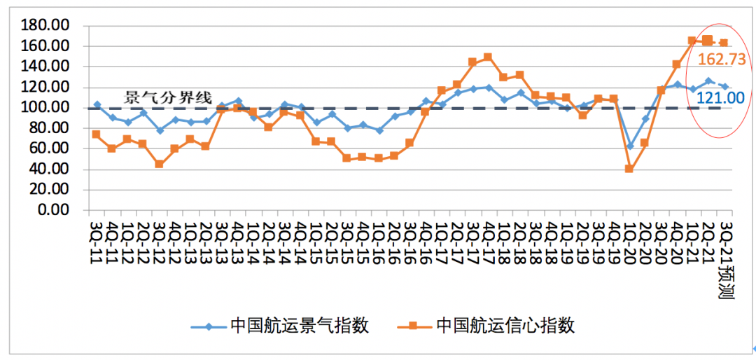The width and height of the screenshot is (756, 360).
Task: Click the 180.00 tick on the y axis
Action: tap(47, 26)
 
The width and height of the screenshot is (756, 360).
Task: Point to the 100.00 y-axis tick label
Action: tap(47, 108)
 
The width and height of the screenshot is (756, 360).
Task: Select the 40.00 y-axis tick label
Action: tap(50, 169)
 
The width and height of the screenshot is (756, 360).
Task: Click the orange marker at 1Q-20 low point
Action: tap(629, 169)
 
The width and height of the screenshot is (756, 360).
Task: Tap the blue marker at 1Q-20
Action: tap(629, 146)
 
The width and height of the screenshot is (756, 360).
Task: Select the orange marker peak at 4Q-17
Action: tap(488, 57)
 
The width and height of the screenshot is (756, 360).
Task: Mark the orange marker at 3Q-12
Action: tap(159, 164)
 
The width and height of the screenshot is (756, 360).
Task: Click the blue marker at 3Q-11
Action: tap(97, 104)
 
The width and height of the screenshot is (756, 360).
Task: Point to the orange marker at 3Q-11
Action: tap(96, 134)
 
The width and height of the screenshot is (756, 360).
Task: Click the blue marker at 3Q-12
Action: tap(159, 130)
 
